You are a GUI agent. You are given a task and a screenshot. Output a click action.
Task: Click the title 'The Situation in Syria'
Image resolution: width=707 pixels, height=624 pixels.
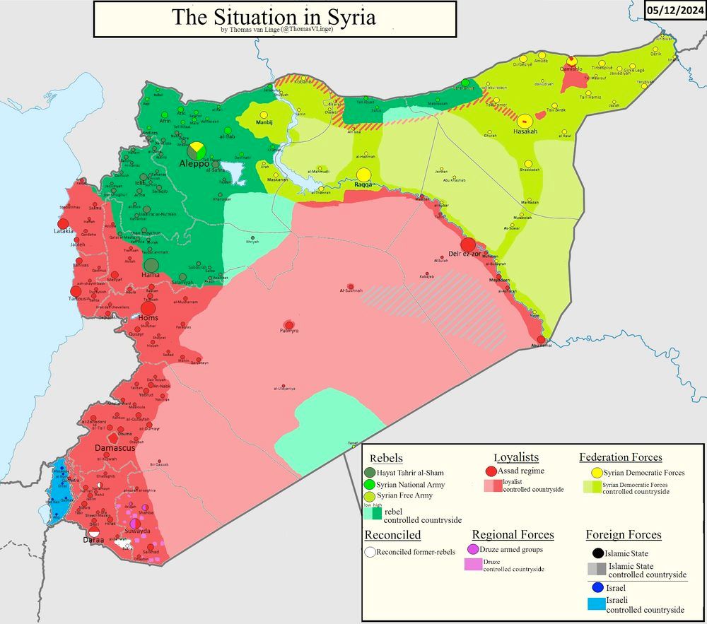(x=274, y=16)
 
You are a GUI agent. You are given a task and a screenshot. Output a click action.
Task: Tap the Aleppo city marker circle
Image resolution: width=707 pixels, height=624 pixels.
(x=197, y=151)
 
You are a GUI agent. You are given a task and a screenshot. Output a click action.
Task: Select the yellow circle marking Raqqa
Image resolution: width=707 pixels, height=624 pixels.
(x=363, y=175)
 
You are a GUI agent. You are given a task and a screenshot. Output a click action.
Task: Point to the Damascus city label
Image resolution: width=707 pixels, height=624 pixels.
(x=115, y=448)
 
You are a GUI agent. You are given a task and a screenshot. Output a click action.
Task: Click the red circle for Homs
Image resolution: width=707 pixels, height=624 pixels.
(x=148, y=308)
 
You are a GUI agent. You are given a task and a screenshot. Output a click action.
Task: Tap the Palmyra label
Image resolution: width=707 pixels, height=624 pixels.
(x=288, y=331)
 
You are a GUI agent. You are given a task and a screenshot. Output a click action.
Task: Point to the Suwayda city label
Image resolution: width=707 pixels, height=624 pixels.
(x=137, y=530)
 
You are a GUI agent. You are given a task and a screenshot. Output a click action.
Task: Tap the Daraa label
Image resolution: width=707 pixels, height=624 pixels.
(x=93, y=540)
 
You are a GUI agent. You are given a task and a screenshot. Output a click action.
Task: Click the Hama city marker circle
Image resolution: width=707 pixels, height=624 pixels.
(x=151, y=265)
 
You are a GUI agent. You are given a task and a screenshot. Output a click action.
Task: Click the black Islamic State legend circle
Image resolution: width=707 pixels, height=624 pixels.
(x=598, y=553)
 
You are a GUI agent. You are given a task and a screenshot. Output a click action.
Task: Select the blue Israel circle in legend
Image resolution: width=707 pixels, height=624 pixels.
(x=598, y=588)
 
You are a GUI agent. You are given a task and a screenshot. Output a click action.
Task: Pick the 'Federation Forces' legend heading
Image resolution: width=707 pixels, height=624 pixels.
(x=620, y=457)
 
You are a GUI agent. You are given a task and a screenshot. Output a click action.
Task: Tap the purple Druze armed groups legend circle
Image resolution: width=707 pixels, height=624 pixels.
(x=473, y=549)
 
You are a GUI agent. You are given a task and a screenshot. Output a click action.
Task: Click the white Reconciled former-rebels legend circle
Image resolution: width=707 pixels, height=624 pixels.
(x=370, y=551)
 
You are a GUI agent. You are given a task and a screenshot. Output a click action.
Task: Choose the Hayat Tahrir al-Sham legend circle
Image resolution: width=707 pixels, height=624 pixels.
(x=370, y=472)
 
